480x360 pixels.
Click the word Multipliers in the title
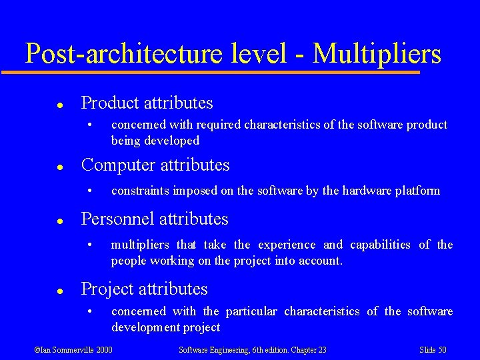pyautogui.click(x=377, y=53)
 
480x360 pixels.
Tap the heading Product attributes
pyautogui.click(x=147, y=103)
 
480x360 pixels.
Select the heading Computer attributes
pyautogui.click(x=155, y=165)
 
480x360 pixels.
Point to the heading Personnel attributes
pyautogui.click(x=154, y=219)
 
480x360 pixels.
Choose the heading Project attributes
pyautogui.click(x=144, y=289)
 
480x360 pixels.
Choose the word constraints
pyautogui.click(x=140, y=191)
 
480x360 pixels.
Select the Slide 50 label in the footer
pyautogui.click(x=433, y=350)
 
